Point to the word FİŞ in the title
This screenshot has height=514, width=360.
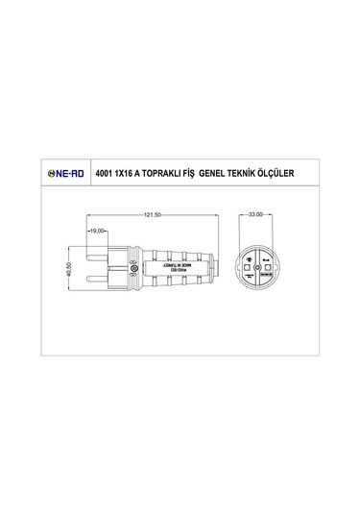click(x=213, y=174)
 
